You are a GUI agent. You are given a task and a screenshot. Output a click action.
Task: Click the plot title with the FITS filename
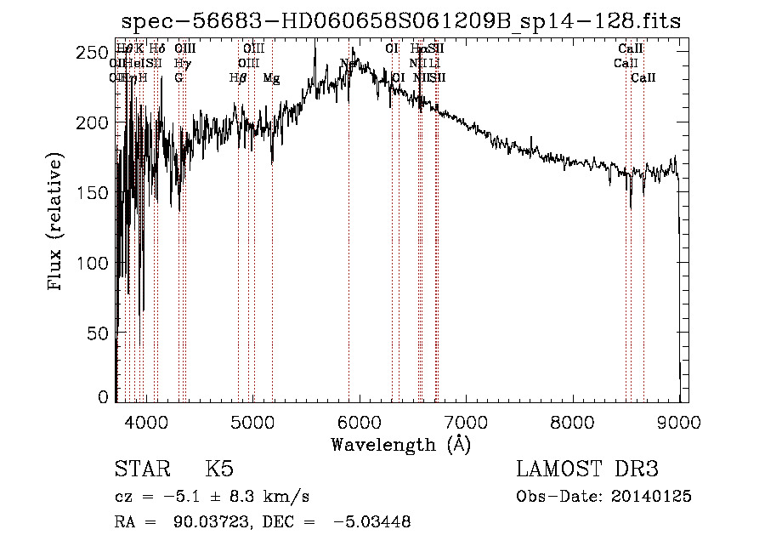(401, 21)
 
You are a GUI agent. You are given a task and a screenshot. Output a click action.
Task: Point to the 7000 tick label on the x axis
(466, 421)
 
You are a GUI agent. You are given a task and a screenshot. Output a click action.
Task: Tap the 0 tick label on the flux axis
(103, 397)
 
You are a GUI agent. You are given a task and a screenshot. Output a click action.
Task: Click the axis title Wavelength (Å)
(401, 444)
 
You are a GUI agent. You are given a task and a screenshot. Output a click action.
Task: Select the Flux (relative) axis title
(56, 223)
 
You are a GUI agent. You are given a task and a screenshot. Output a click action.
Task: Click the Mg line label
(271, 78)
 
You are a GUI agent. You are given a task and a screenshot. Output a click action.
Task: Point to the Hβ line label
(238, 78)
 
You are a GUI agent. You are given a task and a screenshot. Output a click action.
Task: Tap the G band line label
(178, 78)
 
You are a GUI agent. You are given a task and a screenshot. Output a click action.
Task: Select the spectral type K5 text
(219, 469)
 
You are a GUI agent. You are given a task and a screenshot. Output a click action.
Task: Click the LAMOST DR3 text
(587, 469)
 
